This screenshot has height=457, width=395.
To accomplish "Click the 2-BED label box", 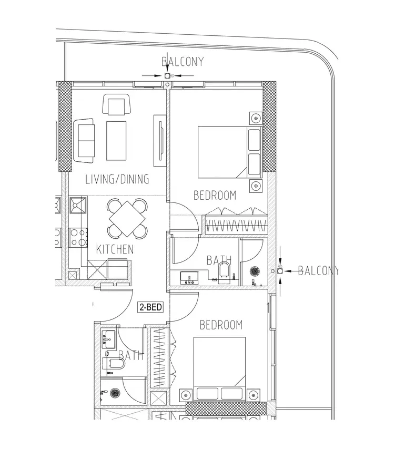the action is (x=150, y=307).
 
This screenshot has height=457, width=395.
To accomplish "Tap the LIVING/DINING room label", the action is (x=117, y=179).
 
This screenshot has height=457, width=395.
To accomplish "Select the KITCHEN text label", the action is (x=115, y=249).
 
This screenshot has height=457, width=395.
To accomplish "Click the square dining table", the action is (x=127, y=219).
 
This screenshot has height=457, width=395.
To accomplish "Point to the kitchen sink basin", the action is (x=78, y=205).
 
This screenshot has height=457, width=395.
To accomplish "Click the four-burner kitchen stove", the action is (x=78, y=238).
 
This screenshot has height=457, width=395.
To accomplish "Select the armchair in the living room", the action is (x=116, y=104).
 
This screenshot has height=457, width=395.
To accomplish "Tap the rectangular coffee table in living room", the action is (x=116, y=141).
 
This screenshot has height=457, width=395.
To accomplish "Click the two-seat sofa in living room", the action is (x=84, y=140).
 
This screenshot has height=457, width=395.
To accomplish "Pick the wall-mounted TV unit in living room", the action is (x=159, y=141).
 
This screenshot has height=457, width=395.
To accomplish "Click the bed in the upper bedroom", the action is (x=230, y=152).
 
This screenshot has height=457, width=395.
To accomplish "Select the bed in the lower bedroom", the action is (x=220, y=368).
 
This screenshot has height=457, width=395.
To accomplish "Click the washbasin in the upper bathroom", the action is (x=189, y=277).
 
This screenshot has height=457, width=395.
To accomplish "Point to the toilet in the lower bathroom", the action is (x=114, y=363).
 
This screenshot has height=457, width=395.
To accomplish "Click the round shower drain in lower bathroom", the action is (x=114, y=393).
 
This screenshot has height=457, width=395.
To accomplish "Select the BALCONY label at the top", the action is (x=183, y=62).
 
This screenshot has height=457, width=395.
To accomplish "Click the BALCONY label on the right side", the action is (x=318, y=271).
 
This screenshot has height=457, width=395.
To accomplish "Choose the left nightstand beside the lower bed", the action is (x=185, y=395).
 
